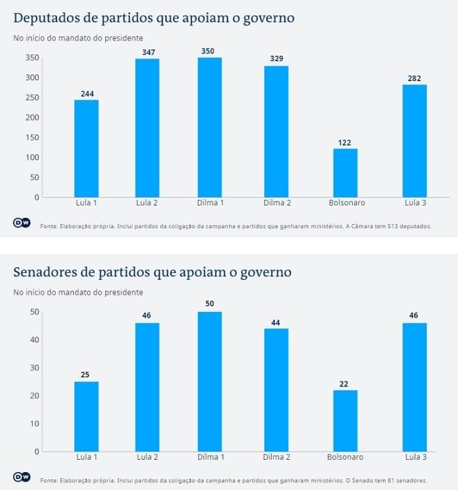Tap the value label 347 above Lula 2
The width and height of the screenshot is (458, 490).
(146, 52)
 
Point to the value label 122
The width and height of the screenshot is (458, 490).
(345, 142)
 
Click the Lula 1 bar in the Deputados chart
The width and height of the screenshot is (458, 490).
(86, 148)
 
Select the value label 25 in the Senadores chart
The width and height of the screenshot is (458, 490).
(86, 375)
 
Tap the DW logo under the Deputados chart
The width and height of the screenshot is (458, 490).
(21, 223)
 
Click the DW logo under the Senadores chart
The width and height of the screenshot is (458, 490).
(21, 478)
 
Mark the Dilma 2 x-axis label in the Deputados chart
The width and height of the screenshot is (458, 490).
(276, 203)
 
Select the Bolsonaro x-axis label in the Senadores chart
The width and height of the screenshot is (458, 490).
(345, 458)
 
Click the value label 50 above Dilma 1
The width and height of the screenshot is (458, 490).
(210, 304)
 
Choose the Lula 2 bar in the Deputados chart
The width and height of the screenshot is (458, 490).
(146, 128)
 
